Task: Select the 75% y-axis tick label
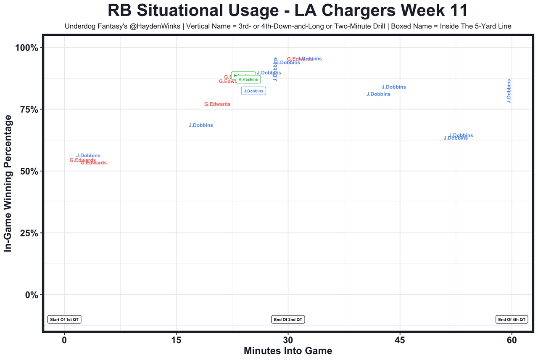point(29,109)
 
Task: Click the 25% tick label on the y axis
point(29,233)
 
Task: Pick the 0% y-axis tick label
point(32,295)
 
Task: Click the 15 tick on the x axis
point(176,340)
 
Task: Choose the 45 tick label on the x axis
point(400,340)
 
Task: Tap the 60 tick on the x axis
point(512,340)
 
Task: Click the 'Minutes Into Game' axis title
point(288,351)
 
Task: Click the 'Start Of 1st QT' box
point(64,320)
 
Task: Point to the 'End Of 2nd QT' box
point(288,320)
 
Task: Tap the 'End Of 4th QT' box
point(512,320)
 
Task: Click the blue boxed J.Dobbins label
point(253,91)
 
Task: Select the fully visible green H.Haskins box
point(248,79)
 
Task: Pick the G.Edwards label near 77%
point(217,104)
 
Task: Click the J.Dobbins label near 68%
point(201,125)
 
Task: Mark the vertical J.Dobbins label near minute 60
point(509,91)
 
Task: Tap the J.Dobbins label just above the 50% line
point(88,156)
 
